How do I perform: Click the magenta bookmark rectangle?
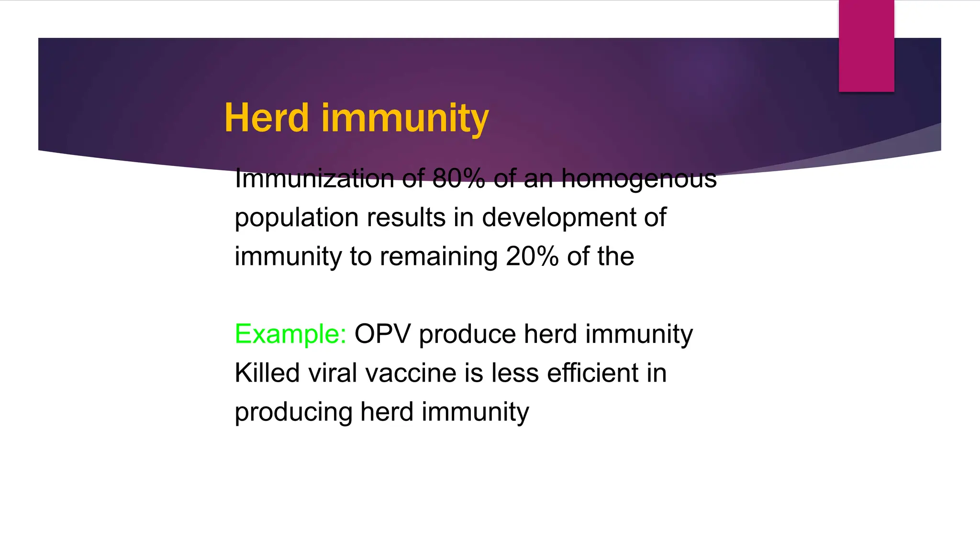point(866,45)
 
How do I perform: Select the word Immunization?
point(314,179)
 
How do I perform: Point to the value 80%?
point(458,179)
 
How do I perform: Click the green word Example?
point(290,334)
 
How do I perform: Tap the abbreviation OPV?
point(382,334)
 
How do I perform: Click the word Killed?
point(267,373)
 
